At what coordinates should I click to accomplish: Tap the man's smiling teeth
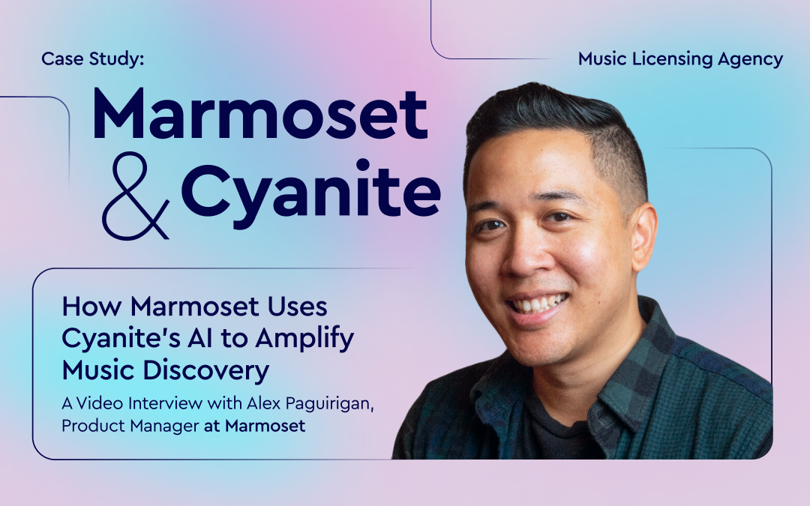click(x=538, y=304)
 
